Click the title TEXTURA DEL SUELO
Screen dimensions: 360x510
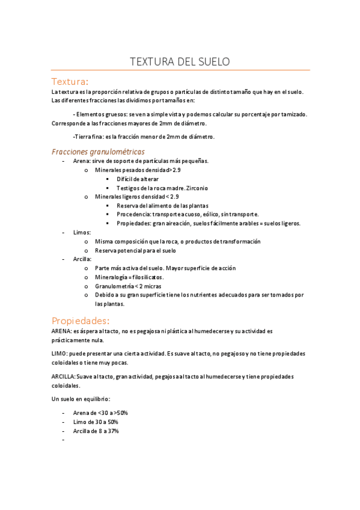pos(180,62)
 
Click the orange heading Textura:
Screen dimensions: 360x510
pos(70,81)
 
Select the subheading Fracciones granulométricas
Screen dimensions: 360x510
pos(98,152)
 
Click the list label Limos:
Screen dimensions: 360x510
pos(82,232)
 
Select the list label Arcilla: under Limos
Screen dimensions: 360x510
pos(83,259)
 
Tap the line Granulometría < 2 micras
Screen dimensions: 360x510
pos(127,286)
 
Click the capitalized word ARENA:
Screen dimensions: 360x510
pos(63,331)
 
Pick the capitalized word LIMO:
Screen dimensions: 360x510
pos(60,354)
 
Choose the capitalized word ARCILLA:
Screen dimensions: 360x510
pos(64,376)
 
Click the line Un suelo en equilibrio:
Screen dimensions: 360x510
pos(81,399)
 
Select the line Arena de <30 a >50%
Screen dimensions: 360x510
pos(100,413)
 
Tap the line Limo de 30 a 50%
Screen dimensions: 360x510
pos(95,422)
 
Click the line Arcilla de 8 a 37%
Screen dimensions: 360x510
pos(96,431)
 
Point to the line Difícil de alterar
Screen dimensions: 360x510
pos(139,179)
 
